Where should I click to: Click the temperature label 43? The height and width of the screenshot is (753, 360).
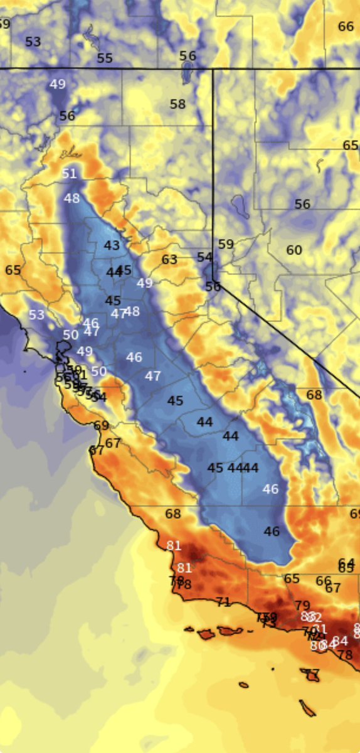coord(112,245)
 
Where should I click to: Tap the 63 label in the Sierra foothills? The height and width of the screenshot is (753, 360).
coord(169,259)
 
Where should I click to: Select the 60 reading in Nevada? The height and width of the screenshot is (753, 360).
coord(294,250)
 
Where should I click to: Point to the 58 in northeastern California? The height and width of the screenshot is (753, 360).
coord(177,104)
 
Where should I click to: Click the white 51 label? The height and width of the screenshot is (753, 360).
coord(69,173)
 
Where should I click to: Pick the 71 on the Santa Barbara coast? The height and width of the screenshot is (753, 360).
coord(223,602)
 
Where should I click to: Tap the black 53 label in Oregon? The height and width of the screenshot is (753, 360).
coord(33,42)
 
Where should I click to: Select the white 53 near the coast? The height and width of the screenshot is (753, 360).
coord(36,315)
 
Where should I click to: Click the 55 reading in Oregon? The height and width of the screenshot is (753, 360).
coord(105,58)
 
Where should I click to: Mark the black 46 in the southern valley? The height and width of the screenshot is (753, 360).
coord(272,531)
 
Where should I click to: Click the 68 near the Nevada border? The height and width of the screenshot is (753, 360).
coord(314,395)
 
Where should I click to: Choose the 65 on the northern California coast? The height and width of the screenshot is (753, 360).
coord(13,270)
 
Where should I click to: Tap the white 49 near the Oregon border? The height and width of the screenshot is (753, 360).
coord(58,84)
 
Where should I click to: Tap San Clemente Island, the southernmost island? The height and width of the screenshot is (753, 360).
coord(307,708)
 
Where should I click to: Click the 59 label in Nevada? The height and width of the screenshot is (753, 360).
coord(226,244)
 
